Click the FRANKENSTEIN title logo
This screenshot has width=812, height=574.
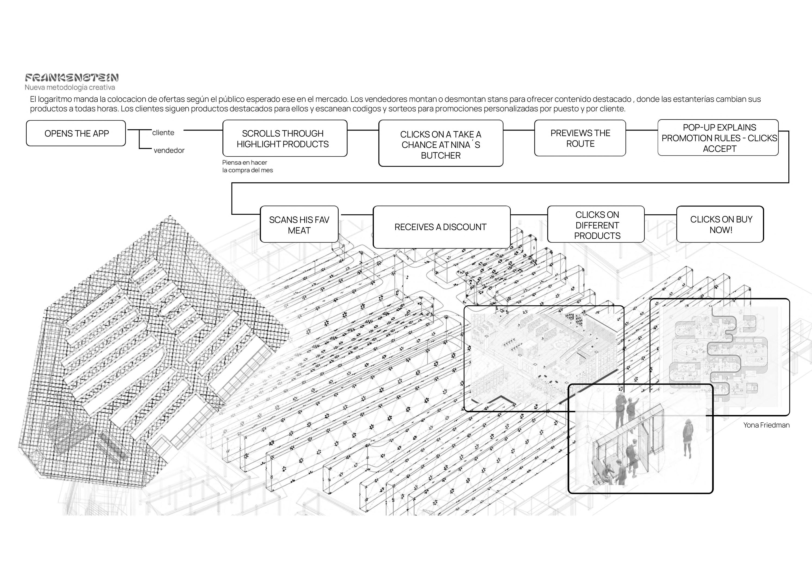point(72,78)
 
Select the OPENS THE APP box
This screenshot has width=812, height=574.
point(76,133)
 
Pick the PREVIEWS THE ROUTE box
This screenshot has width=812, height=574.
point(580,138)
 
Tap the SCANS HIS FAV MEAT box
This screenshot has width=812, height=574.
point(299,225)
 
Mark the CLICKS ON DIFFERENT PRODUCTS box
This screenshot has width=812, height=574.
point(597,225)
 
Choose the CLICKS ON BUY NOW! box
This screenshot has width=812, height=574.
point(720,225)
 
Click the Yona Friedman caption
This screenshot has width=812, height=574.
point(766,425)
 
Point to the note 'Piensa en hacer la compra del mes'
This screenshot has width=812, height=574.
point(248,166)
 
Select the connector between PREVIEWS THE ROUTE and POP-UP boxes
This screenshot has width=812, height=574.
point(642,130)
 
